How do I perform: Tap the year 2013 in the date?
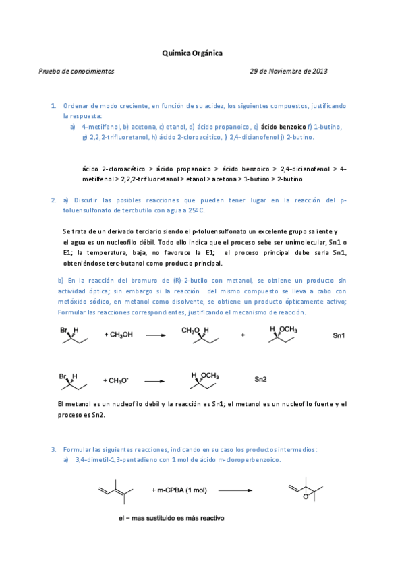pos(319,70)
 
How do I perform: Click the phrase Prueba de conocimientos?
pos(76,70)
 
